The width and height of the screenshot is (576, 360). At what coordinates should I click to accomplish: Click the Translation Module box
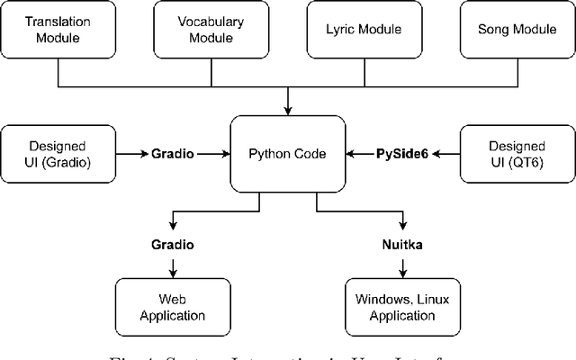click(58, 31)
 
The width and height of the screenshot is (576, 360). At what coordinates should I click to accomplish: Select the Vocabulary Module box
click(211, 31)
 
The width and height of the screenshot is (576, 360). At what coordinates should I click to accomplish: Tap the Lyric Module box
click(364, 31)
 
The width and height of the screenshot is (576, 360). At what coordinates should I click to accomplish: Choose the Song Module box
click(517, 31)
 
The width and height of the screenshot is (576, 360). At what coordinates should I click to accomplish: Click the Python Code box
click(288, 153)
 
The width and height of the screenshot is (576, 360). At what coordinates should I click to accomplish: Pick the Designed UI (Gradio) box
click(58, 153)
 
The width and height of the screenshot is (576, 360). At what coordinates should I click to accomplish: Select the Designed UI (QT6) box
click(517, 153)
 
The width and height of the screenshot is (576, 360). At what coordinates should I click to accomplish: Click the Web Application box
click(173, 308)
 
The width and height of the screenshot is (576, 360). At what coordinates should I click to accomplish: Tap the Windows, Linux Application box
click(402, 308)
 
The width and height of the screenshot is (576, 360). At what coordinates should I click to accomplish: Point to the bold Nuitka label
click(402, 245)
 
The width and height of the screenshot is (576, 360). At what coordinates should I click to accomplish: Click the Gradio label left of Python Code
click(173, 153)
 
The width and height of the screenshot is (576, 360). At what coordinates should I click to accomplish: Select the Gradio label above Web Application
click(173, 245)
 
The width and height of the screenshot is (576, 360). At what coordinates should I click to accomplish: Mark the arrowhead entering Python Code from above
click(288, 110)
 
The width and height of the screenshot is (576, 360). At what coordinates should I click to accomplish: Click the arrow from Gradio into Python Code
click(214, 153)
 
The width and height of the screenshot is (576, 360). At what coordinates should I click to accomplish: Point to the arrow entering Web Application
click(173, 272)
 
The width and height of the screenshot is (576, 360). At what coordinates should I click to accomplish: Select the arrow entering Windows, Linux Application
click(402, 272)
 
